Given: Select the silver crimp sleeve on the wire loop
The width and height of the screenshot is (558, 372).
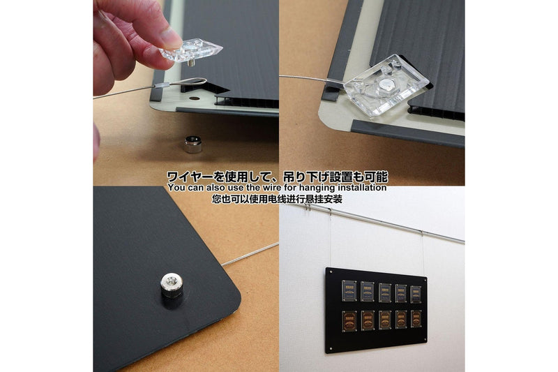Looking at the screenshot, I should pyautogui.click(x=160, y=87).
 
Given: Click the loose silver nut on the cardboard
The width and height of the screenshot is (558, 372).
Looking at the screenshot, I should pyautogui.click(x=193, y=145).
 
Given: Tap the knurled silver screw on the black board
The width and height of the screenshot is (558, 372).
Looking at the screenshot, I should pyautogui.click(x=172, y=286).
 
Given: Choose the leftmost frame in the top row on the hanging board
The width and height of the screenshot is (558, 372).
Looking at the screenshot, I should pyautogui.click(x=349, y=289).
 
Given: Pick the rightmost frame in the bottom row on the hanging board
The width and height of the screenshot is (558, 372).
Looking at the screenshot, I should pyautogui.click(x=416, y=318).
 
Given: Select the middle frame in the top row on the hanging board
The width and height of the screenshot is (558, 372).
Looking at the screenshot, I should pyautogui.click(x=384, y=291).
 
